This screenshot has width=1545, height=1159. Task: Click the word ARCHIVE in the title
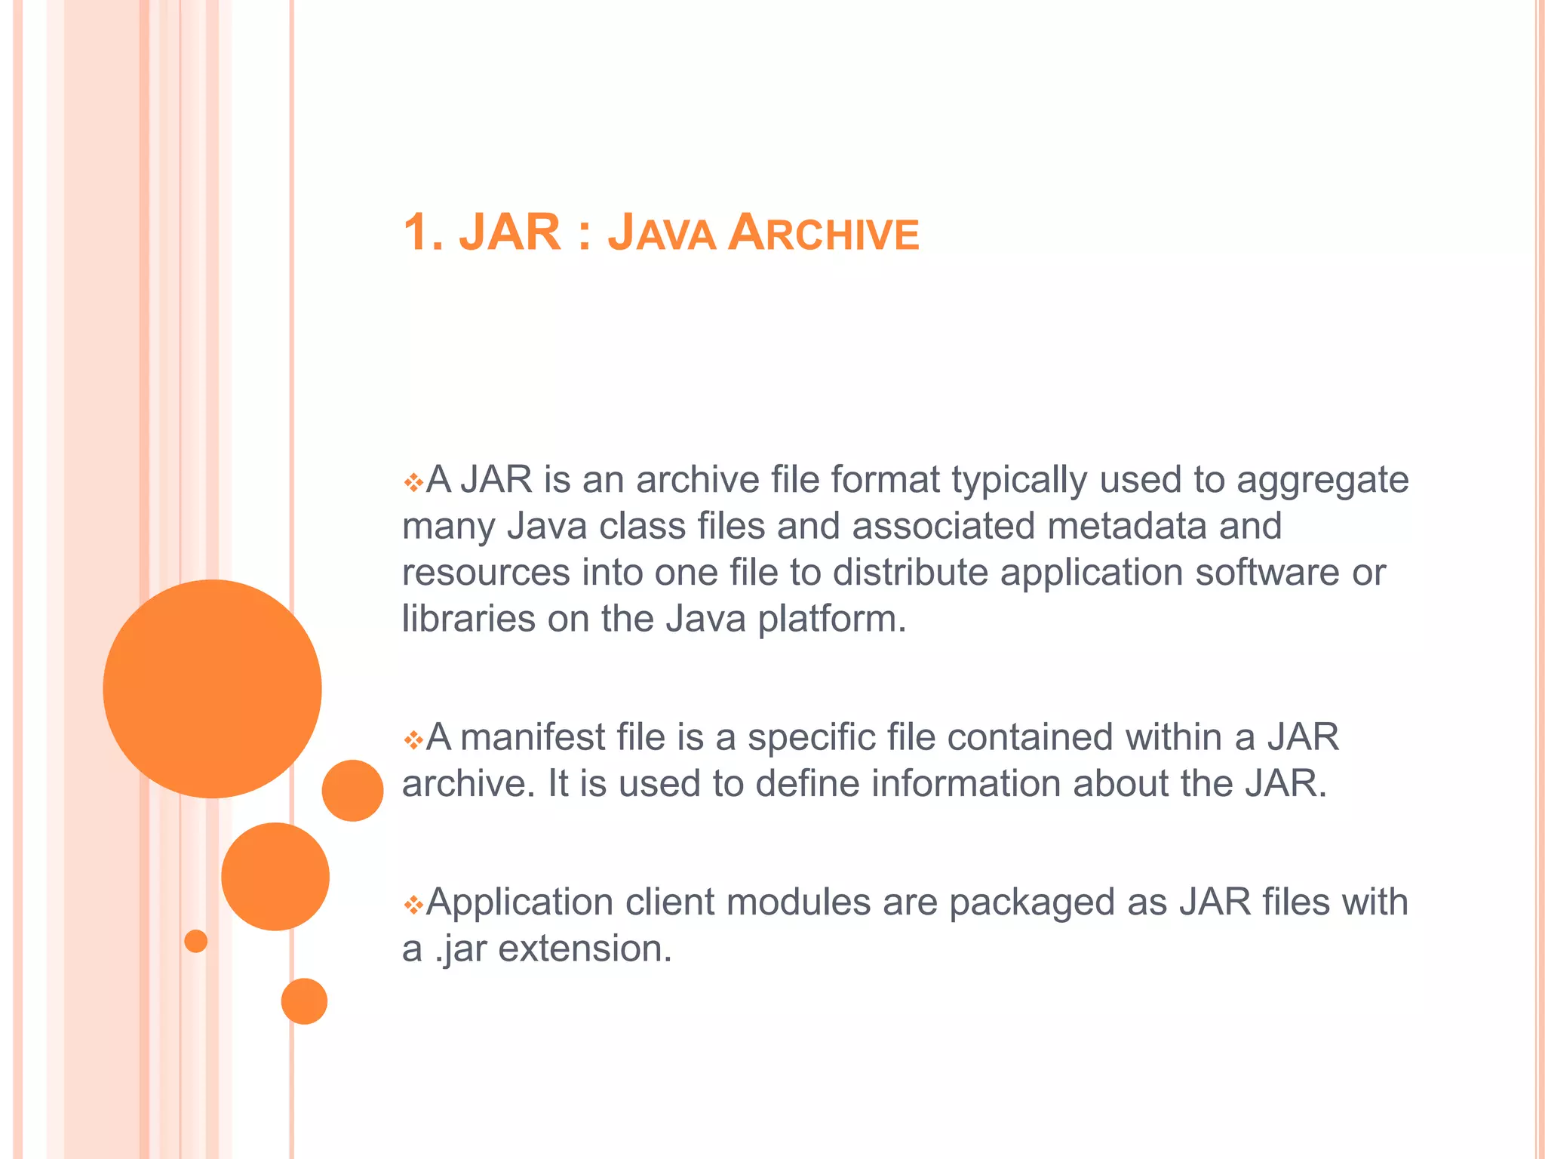(824, 232)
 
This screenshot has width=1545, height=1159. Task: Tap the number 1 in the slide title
(417, 232)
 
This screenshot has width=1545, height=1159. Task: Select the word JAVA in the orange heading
(662, 232)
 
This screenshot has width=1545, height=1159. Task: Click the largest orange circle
(212, 688)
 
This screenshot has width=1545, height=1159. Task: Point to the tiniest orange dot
(195, 941)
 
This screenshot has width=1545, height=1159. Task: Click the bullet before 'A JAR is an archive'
(413, 481)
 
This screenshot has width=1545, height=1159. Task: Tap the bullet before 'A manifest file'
(413, 739)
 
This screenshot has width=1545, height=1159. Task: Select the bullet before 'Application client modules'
(413, 904)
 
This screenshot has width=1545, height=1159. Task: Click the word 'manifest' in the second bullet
(533, 737)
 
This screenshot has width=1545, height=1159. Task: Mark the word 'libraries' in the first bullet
(468, 619)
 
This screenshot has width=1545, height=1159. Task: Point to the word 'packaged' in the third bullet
(1031, 903)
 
